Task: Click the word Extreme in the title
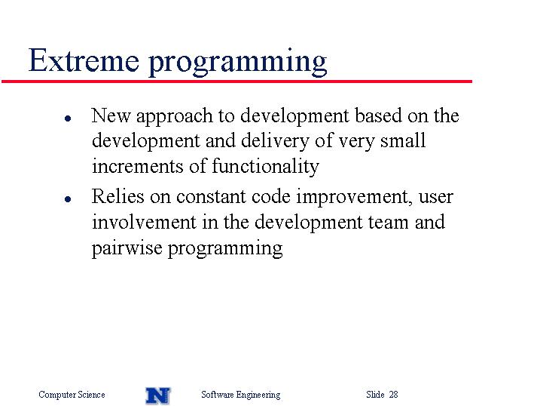click(x=84, y=60)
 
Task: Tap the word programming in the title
click(x=238, y=62)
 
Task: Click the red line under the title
click(x=236, y=82)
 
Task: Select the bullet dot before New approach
click(x=68, y=118)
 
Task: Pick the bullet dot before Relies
click(x=68, y=199)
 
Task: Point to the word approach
click(x=174, y=117)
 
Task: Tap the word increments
click(x=137, y=166)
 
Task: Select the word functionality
click(x=266, y=167)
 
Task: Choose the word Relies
click(x=117, y=197)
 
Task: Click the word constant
click(x=211, y=197)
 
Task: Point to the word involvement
click(x=144, y=222)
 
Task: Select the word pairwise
click(x=127, y=249)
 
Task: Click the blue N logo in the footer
click(x=158, y=395)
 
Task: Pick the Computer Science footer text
click(x=72, y=395)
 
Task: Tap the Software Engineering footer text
click(x=241, y=395)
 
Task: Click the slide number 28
click(x=394, y=394)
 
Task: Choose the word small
click(x=403, y=140)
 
